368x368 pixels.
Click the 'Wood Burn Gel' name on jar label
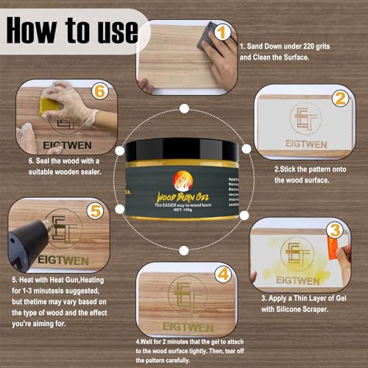183,197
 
